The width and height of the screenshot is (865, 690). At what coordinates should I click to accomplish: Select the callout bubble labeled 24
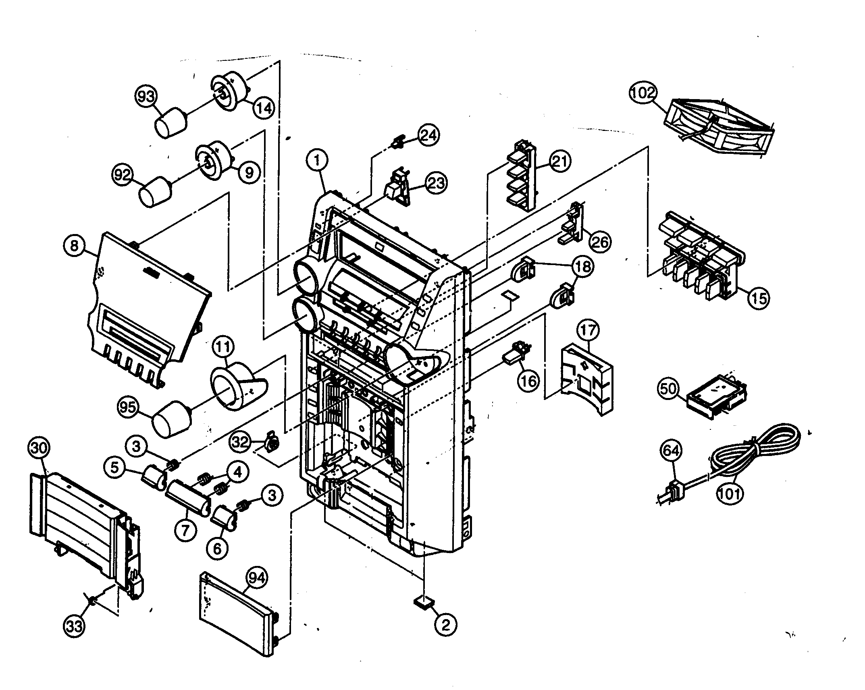[428, 135]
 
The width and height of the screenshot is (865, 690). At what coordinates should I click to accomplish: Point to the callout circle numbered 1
[317, 161]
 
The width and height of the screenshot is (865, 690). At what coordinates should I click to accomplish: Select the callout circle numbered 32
[241, 442]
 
